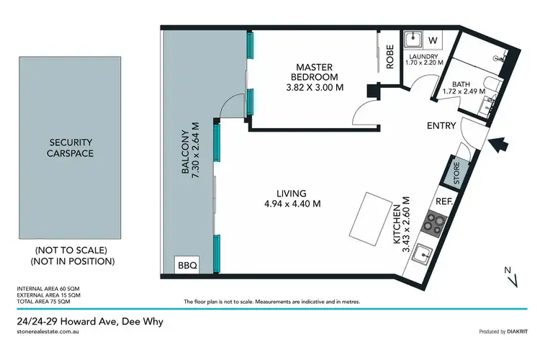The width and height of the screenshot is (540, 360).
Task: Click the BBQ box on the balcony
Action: (186, 265)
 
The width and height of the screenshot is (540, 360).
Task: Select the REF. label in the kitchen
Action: (444, 202)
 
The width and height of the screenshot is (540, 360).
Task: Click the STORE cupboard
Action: (456, 173)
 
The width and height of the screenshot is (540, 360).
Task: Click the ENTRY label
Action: (441, 126)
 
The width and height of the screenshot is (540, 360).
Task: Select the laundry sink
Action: (413, 40)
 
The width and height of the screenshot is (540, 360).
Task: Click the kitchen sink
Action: (424, 253)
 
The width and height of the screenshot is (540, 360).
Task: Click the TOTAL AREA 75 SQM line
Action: (47, 301)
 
